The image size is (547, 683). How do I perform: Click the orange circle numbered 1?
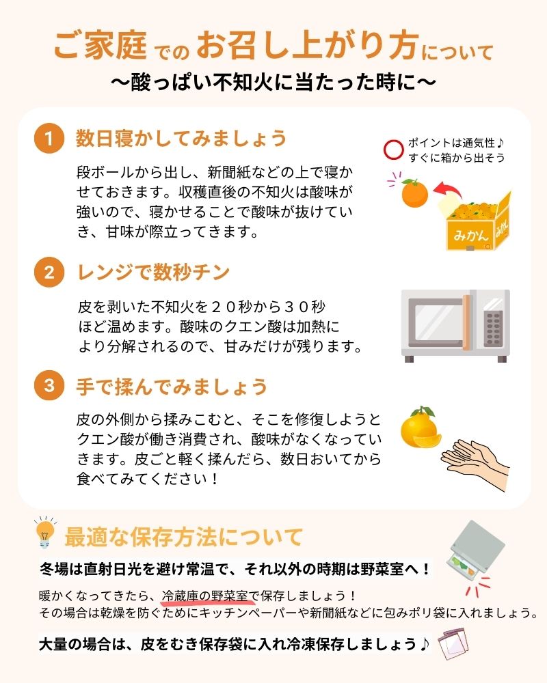pyautogui.click(x=49, y=139)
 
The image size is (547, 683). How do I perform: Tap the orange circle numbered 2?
pyautogui.click(x=49, y=273)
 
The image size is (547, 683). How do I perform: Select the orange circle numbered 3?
pyautogui.click(x=49, y=386)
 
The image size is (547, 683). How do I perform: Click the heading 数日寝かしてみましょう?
pyautogui.click(x=181, y=139)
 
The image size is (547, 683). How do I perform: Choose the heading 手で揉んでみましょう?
pyautogui.click(x=171, y=387)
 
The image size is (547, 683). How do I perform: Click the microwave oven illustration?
pyautogui.click(x=455, y=325)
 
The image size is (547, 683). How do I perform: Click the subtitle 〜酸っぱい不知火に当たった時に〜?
pyautogui.click(x=273, y=83)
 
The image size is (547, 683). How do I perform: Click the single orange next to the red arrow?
pyautogui.click(x=414, y=193)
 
